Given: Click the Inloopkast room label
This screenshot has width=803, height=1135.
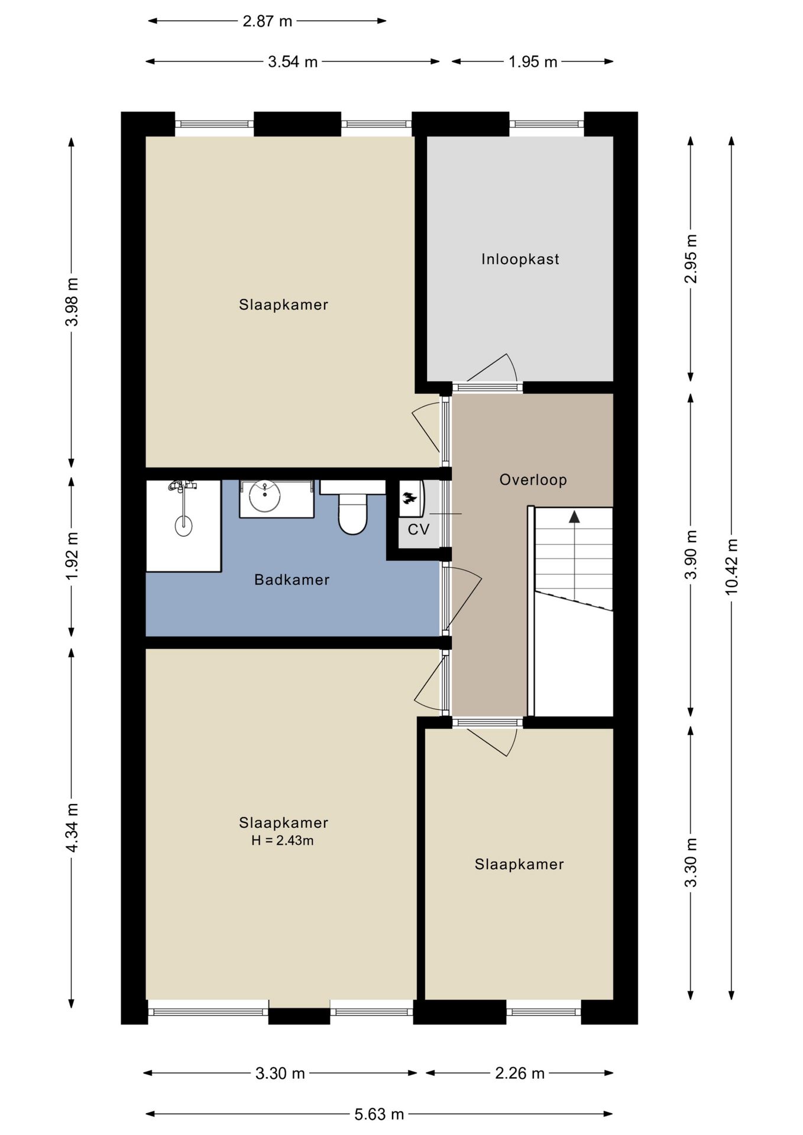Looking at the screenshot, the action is (x=520, y=259).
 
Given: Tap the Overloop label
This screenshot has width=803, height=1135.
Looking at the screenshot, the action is (x=533, y=480).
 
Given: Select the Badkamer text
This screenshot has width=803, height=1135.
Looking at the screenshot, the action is (x=292, y=580).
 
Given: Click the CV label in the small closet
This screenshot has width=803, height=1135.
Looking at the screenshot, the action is (x=418, y=529).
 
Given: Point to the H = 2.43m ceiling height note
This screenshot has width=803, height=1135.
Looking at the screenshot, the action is (x=282, y=841).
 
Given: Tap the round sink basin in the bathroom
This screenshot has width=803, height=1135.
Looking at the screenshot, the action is (x=264, y=496).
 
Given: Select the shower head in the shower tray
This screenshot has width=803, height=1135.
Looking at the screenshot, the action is (x=183, y=525).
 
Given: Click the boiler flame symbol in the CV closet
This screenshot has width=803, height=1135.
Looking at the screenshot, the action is (x=409, y=498).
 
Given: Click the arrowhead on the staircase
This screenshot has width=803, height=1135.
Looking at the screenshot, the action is (x=574, y=517).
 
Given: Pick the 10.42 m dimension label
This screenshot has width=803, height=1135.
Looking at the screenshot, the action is (x=731, y=566).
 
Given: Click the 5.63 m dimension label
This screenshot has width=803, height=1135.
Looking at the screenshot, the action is (x=379, y=1114).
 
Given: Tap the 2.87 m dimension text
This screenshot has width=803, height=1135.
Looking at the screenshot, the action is (x=267, y=21).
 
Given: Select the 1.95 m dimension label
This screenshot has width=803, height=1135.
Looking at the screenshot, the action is (x=533, y=61).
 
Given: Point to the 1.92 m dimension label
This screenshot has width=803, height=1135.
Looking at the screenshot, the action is (x=72, y=556).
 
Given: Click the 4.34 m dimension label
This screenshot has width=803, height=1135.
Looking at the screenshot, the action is (x=72, y=828).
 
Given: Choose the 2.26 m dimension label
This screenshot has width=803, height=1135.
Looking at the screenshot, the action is (x=520, y=1073).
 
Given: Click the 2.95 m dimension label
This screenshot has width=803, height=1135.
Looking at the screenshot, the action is (x=691, y=259).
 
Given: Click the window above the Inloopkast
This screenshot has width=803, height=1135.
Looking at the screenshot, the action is (x=546, y=124).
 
